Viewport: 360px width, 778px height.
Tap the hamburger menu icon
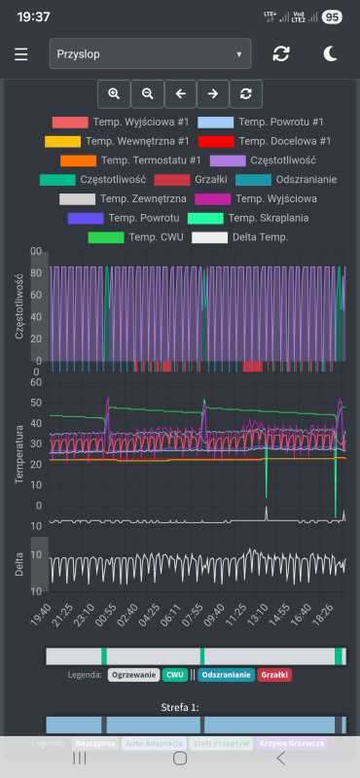[x=21, y=53]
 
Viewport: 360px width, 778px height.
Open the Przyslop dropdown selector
[x=150, y=53]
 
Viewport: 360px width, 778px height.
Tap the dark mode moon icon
[x=330, y=53]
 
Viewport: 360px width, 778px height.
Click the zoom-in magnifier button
[x=114, y=93]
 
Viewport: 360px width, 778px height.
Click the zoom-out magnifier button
[x=147, y=93]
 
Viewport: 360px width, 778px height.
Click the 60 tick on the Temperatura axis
[x=37, y=382]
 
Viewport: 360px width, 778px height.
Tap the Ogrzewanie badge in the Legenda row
[x=133, y=675]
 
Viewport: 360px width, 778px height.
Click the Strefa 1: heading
[x=180, y=707]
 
